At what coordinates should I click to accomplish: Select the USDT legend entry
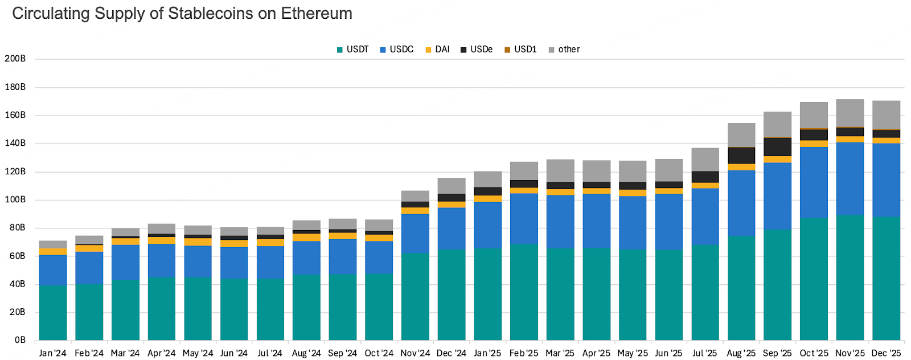click(x=353, y=50)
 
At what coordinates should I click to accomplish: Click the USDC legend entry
click(x=397, y=50)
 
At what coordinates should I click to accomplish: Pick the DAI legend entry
click(x=438, y=50)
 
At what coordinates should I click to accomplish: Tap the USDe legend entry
click(x=477, y=50)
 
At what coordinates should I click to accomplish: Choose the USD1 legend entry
click(x=520, y=50)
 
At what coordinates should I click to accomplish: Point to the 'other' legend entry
click(x=564, y=50)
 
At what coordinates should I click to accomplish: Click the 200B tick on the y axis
click(x=15, y=59)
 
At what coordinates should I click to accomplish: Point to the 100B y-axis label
click(x=15, y=199)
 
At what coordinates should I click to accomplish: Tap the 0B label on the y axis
click(x=20, y=340)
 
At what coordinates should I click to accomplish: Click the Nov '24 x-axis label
click(x=415, y=353)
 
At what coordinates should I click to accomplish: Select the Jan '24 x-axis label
click(x=53, y=353)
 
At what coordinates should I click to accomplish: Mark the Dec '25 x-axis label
click(x=886, y=353)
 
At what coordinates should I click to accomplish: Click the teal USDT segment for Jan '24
click(x=53, y=313)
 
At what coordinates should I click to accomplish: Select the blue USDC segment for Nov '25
click(x=850, y=179)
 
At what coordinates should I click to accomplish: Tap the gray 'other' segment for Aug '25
click(x=741, y=134)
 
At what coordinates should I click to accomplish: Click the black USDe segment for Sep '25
click(x=777, y=146)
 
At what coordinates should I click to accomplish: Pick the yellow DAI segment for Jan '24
click(x=53, y=252)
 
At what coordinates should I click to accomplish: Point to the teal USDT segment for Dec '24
click(x=452, y=295)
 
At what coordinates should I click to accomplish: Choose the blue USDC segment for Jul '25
click(x=705, y=217)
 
